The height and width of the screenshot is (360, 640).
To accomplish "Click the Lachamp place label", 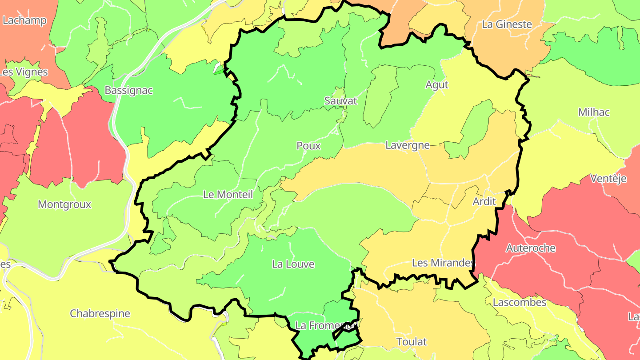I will coord(24,20).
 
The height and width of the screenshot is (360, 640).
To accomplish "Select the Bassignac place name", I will coord(128,90).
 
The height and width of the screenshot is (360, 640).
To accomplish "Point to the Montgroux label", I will coord(64,204).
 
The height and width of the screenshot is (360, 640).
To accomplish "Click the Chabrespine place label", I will coord(100,313).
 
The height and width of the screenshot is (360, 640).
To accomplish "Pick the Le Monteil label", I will coord(228,194).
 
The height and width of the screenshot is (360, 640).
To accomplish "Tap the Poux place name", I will coord(308,146).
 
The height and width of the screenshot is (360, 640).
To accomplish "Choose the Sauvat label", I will coord(341,101).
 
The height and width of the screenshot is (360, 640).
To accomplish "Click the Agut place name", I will coord(437,84).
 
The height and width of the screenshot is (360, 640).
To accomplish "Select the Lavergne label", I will coord(408,145).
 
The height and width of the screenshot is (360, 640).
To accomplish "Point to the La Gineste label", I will coord(507,24).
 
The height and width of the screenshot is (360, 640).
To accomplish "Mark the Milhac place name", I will coord(594,112).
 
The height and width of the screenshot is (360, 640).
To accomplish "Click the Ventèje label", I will coord(608,179).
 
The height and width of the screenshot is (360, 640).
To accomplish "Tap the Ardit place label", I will coord(484,201).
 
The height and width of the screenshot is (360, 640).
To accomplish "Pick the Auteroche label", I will coord(531,248).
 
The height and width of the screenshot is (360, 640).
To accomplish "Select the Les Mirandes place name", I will coord(443,263).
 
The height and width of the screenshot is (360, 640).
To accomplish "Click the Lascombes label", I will coord(520,302).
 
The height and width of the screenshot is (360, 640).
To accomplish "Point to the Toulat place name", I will coord(412,342).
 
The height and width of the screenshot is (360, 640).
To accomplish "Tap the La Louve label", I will coord(293,264).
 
